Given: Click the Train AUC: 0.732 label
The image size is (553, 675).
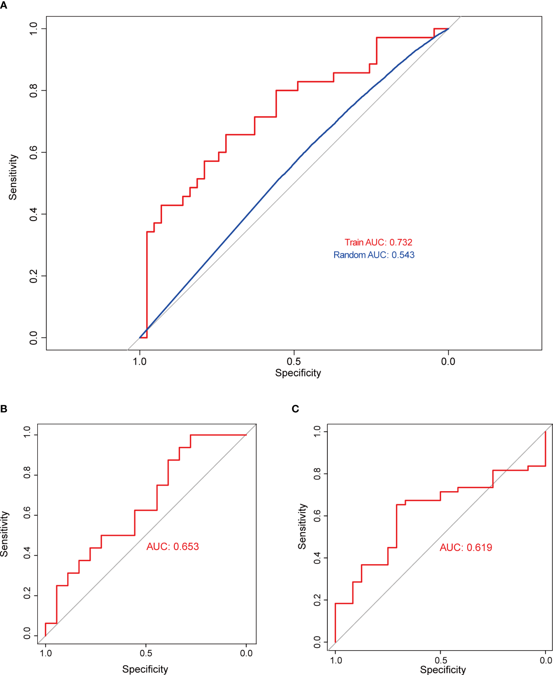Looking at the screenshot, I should tap(378, 242).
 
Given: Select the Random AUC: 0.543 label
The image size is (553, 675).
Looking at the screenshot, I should tap(374, 255).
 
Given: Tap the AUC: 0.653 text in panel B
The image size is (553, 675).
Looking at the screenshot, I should tap(172, 546).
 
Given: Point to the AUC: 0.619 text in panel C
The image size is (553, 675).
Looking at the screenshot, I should tap(466, 547).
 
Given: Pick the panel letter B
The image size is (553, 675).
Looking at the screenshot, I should tap(4, 409).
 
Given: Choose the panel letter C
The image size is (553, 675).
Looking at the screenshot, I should tap(295, 409).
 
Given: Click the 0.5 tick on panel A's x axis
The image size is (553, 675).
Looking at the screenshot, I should tap(294, 361).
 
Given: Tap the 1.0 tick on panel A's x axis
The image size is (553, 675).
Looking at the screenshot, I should tap(139, 361).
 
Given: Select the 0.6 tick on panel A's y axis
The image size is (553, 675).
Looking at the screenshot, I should tap(33, 152).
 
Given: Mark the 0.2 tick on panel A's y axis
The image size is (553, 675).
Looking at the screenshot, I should tap(33, 276).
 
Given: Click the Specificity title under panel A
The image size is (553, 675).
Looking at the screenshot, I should tap(298, 373).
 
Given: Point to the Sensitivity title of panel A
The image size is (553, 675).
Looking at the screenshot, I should tap(13, 177).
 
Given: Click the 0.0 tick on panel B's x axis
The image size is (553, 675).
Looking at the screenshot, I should tap(246, 653).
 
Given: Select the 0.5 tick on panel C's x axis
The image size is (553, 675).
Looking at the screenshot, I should tap(441, 660).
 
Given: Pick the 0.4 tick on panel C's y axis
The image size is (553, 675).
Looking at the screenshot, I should tap(317, 558).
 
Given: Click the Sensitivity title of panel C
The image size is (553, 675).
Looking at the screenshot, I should tap(302, 526).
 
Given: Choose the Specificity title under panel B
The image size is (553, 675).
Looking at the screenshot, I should tap(145, 669).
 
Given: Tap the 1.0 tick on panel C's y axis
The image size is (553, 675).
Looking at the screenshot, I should tap(317, 432).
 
